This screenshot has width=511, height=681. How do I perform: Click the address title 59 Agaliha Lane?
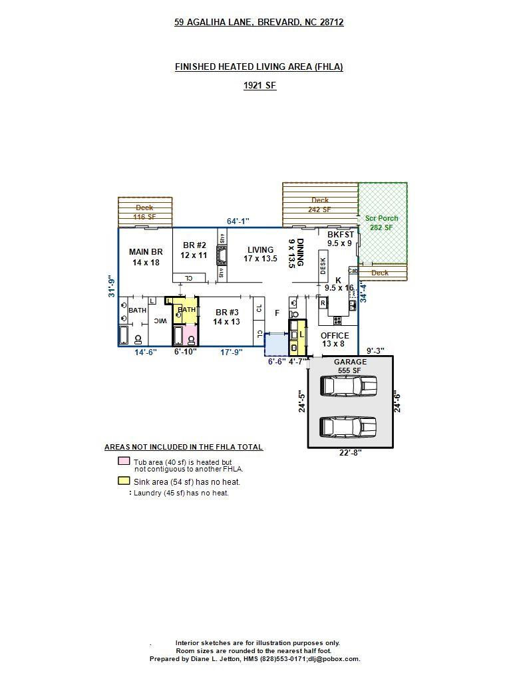pos(259,22)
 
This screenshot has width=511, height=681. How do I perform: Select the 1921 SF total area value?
pos(259,85)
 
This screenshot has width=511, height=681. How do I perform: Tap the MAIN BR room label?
pos(146,257)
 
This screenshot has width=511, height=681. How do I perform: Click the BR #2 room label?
pos(194,250)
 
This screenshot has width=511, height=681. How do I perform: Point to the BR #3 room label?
pos(226,317)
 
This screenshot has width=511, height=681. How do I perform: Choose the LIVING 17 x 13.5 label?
pos(260,254)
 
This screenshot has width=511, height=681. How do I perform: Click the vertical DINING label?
pos(295,253)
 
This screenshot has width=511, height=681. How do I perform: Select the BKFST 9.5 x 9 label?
pos(340,239)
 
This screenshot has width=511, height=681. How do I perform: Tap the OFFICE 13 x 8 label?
pos(334,340)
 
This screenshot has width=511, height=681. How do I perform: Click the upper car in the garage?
pos(348,386)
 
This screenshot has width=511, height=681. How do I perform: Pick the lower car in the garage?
pos(348,426)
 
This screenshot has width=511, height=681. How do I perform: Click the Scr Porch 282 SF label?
pos(381,223)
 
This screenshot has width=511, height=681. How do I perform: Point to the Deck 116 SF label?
pos(144,212)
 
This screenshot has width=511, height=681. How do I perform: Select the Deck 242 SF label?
pos(319,205)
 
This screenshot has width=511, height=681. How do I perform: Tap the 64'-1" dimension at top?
pos(238,221)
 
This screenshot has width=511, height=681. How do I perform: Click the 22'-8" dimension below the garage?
pos(350,454)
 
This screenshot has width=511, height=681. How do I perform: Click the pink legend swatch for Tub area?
pos(123,462)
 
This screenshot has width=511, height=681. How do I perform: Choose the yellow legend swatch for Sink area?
pos(123,481)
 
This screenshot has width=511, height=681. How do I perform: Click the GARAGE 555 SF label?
pos(349,366)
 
